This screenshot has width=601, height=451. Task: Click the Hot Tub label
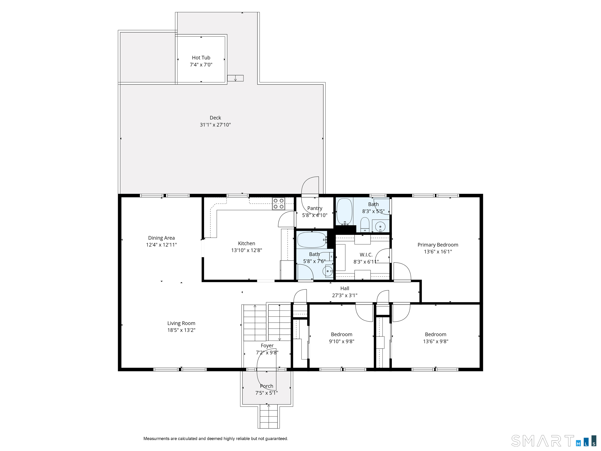pyautogui.click(x=201, y=58)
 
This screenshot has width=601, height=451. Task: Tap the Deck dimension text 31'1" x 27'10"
pyautogui.click(x=215, y=125)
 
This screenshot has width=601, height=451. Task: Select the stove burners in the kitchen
pyautogui.click(x=279, y=204)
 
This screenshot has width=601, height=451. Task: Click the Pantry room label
pyautogui.click(x=315, y=208)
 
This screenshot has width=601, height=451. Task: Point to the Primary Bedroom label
pyautogui.click(x=438, y=245)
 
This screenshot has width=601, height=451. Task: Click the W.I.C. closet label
pyautogui.click(x=366, y=255)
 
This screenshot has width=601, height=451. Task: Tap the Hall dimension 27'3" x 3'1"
pyautogui.click(x=344, y=295)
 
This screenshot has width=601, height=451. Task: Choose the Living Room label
pyautogui.click(x=181, y=323)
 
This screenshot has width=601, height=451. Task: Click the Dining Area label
pyautogui.click(x=161, y=238)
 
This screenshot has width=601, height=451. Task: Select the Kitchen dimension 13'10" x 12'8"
pyautogui.click(x=246, y=250)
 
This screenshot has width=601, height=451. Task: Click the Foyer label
pyautogui.click(x=267, y=345)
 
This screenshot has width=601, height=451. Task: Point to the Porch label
pyautogui.click(x=267, y=386)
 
